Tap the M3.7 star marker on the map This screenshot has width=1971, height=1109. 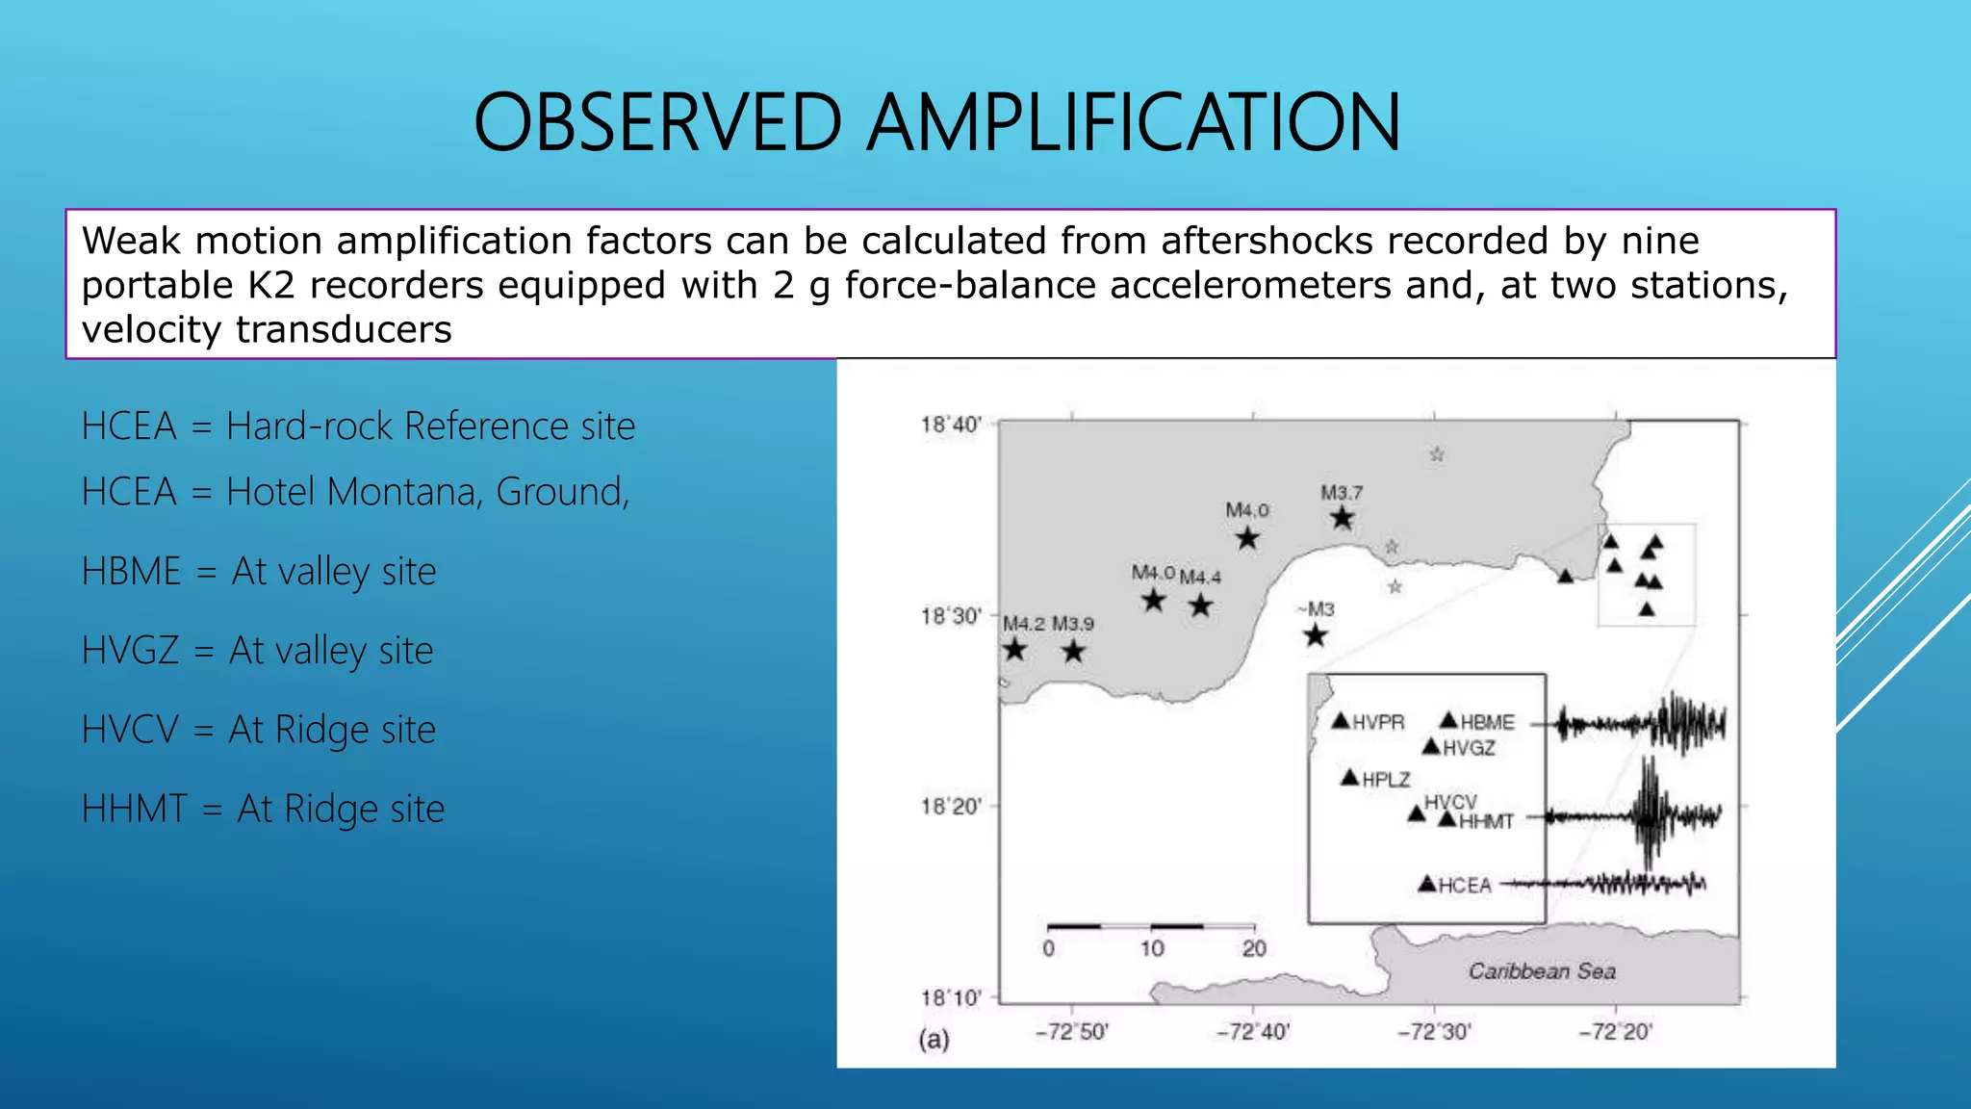click(1343, 519)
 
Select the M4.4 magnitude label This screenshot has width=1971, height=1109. click(1200, 578)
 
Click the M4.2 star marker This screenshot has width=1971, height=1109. click(1014, 650)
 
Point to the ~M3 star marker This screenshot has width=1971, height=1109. click(1316, 635)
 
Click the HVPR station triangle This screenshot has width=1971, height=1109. click(1341, 721)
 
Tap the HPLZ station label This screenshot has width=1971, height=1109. click(1386, 780)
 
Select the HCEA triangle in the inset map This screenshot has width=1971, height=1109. click(1427, 884)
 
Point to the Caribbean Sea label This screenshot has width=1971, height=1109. click(1542, 971)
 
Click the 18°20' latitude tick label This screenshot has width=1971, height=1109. click(951, 807)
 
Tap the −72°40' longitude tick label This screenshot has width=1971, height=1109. click(1253, 1032)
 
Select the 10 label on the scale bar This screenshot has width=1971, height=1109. click(1152, 949)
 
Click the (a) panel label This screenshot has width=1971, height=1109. click(934, 1040)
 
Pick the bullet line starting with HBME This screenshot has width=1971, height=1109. click(259, 572)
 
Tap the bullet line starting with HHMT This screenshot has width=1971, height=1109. click(263, 809)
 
